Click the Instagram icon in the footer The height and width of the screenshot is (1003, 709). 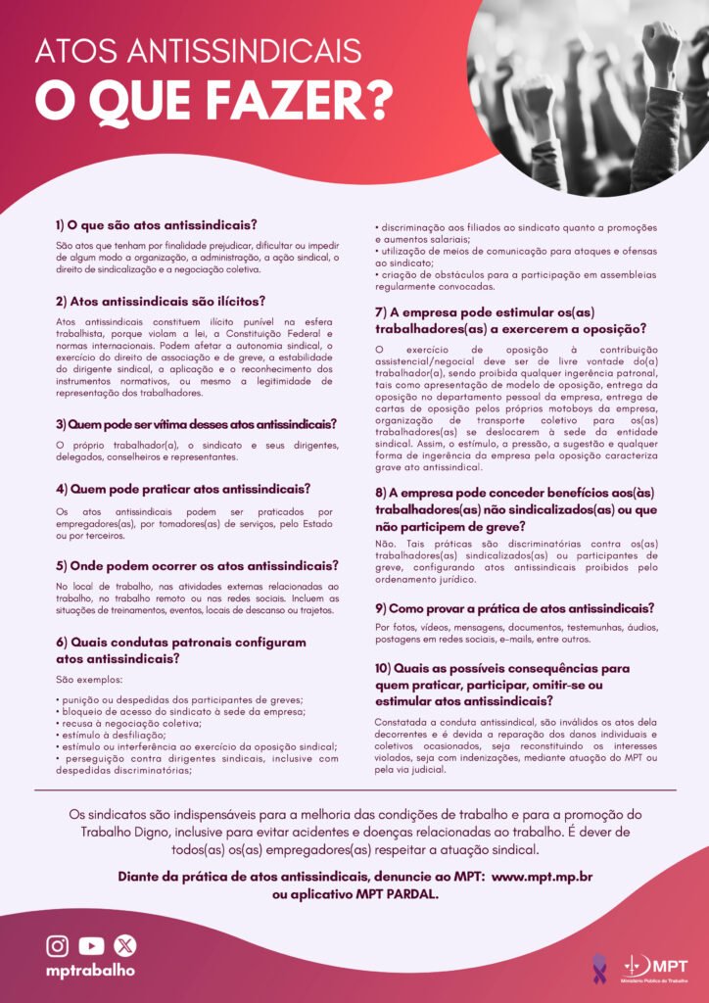pos(59,945)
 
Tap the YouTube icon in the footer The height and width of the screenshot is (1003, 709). pos(91,945)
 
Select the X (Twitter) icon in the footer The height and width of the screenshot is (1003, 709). pos(124,945)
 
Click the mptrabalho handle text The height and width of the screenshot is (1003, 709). pos(91,970)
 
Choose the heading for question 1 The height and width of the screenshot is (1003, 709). pos(157,224)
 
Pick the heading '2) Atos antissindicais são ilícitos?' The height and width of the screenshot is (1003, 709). pos(161,301)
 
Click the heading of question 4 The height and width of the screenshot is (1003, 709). pos(183,488)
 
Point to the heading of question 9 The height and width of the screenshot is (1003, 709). pos(514,607)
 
